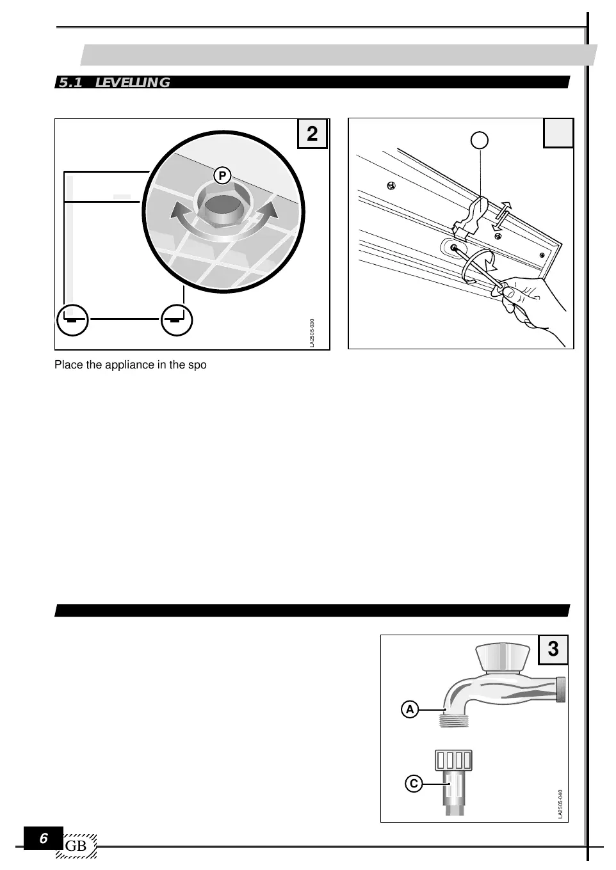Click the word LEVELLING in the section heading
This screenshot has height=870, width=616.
pos(133,83)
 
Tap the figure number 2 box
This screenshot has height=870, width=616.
pos(312,134)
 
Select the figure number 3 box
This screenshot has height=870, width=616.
pos(553,650)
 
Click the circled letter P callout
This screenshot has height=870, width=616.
pos(222,176)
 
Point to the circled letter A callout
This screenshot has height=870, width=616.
pos(410,709)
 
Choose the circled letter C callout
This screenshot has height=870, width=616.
pos(414,783)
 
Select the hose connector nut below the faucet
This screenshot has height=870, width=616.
pos(453,760)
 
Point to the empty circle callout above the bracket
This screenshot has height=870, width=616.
pos(480,139)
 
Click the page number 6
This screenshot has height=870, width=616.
pos(44,839)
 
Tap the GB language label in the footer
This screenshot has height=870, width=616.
pos(76,846)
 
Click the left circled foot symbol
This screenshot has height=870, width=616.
pos(72,319)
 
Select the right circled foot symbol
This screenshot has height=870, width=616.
pos(177,319)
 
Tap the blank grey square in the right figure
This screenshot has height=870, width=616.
pos(558,134)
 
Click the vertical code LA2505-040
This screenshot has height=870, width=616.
pos(560,803)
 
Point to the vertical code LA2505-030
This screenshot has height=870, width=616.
pos(312,333)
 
